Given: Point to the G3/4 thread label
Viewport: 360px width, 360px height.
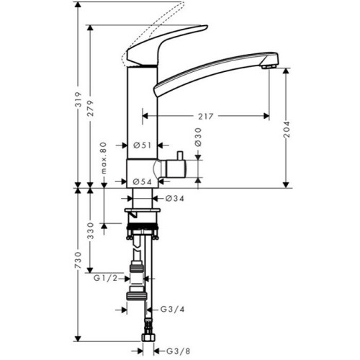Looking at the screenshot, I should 171,310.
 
